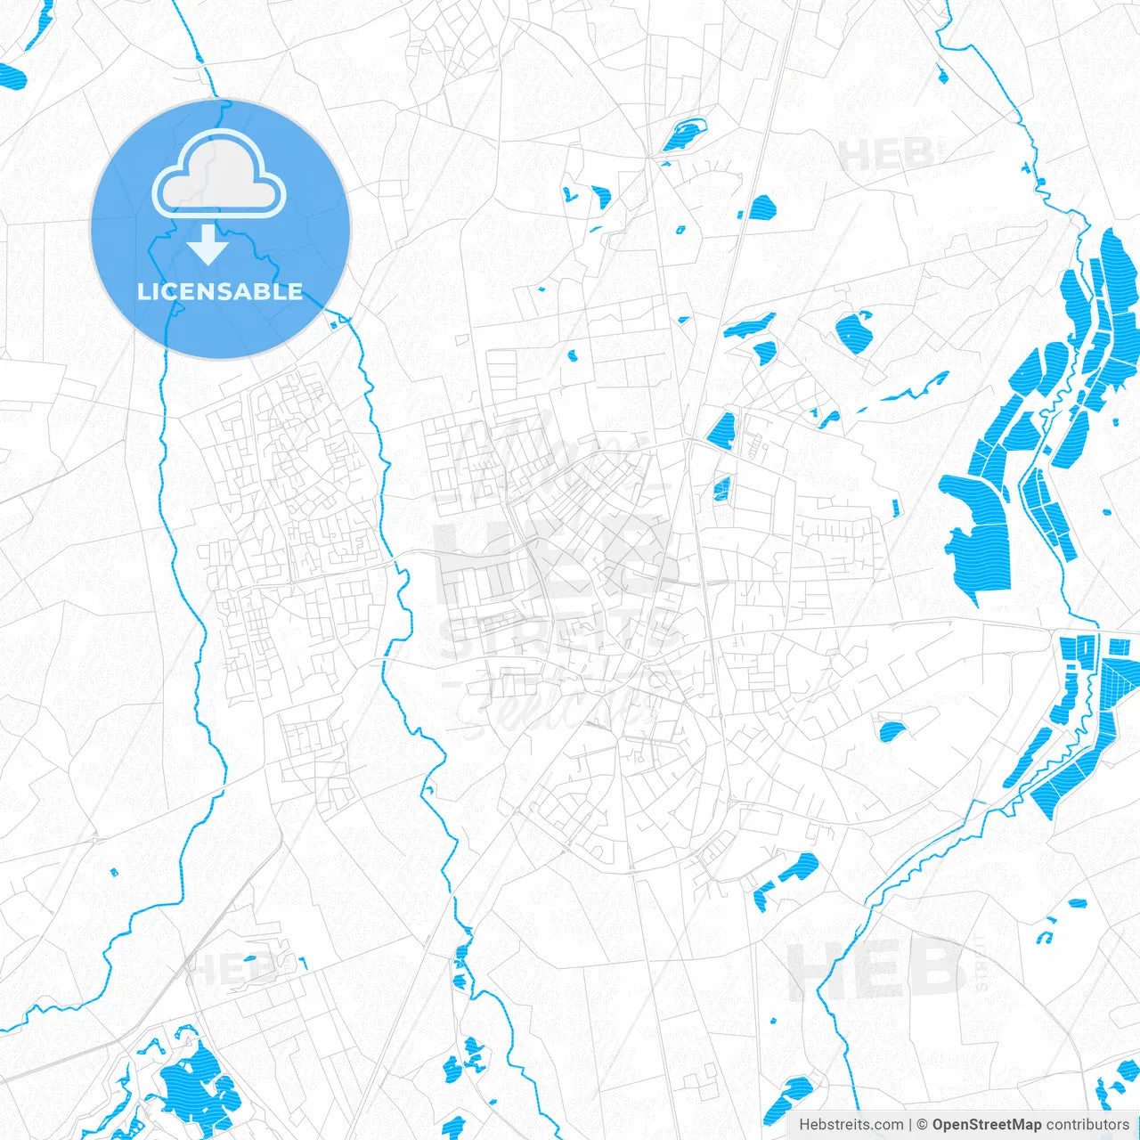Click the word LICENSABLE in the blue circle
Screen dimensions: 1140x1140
click(220, 292)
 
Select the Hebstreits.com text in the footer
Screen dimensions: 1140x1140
click(851, 1125)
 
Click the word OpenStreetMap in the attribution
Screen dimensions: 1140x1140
click(986, 1125)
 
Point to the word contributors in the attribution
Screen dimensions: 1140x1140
click(1087, 1125)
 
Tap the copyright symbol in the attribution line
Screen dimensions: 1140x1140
click(923, 1125)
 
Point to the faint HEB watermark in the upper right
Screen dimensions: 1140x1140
click(887, 156)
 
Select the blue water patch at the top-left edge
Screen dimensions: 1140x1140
click(12, 77)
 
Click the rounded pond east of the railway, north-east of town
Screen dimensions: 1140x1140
click(855, 330)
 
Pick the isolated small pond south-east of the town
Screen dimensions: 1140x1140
click(891, 731)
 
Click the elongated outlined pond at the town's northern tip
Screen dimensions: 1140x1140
click(683, 134)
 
